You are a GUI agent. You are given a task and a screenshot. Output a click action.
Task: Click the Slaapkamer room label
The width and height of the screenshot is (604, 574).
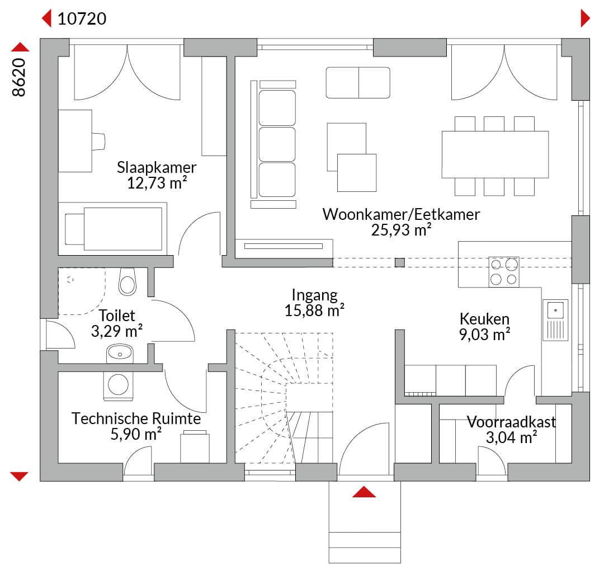click(x=157, y=168)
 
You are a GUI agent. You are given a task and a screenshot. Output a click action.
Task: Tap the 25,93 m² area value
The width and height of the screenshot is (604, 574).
click(x=401, y=230)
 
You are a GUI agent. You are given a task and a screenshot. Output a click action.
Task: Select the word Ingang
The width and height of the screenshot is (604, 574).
click(x=314, y=295)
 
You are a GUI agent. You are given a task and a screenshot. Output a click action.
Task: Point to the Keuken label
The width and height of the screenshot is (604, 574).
click(x=484, y=319)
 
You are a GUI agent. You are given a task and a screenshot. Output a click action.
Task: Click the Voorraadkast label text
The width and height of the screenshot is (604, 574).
click(x=511, y=422)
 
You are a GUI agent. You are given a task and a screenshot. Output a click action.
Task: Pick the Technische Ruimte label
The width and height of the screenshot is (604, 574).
click(x=136, y=418)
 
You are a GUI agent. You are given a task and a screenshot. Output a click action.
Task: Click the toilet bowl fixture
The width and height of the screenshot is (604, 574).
click(x=128, y=281)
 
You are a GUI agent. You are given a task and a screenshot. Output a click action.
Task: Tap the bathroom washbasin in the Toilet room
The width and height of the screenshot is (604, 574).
click(x=120, y=353)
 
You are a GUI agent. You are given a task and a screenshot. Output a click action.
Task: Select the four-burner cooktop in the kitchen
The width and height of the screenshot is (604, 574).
click(x=504, y=272)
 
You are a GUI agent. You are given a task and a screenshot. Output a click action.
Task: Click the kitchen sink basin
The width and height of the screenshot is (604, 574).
click(x=555, y=310)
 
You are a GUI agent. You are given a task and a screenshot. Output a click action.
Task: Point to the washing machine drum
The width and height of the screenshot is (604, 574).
click(x=118, y=384)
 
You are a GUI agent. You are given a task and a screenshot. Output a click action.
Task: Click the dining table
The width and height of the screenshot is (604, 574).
click(x=495, y=154)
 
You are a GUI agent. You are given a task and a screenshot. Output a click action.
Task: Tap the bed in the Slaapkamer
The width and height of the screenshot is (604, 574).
click(x=112, y=229)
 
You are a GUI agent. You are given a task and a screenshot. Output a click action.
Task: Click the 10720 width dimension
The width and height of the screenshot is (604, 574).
click(x=82, y=18)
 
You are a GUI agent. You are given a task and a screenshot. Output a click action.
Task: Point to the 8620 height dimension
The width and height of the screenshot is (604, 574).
click(x=19, y=77)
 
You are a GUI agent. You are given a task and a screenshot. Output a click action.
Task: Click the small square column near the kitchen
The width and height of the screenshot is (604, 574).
click(x=400, y=262)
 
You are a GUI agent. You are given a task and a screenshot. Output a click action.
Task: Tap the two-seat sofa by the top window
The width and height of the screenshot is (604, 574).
click(x=358, y=82)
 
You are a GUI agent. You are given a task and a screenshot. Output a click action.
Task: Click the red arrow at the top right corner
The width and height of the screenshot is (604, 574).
click(x=585, y=18)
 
